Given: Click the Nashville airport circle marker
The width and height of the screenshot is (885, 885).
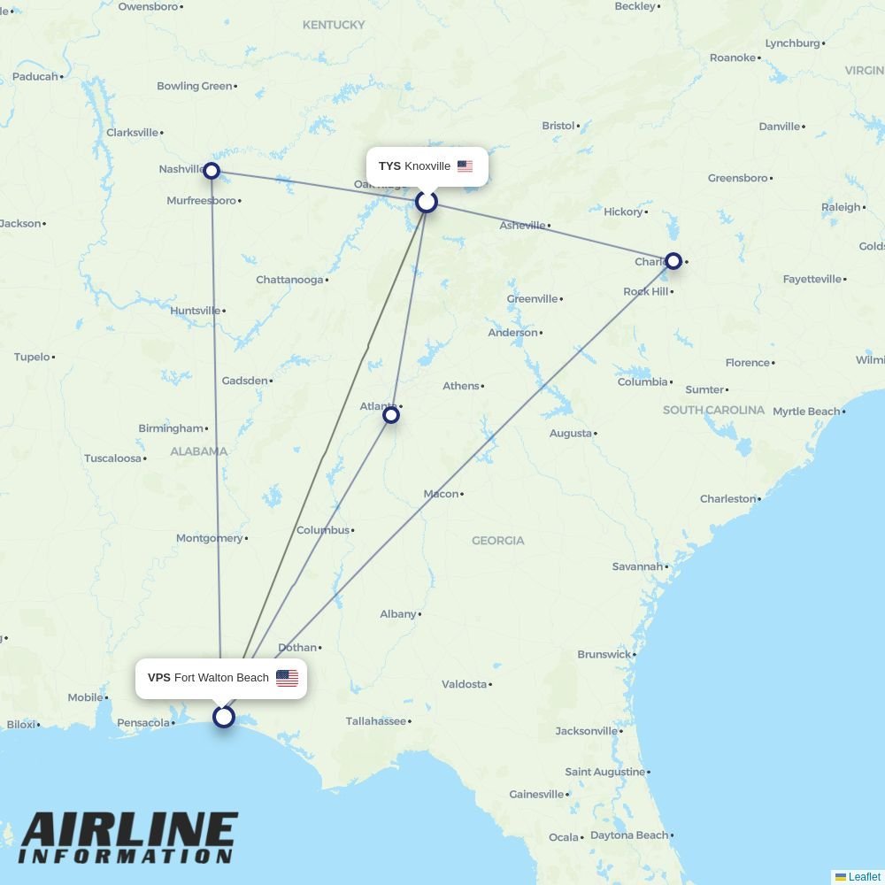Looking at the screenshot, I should pos(212,170).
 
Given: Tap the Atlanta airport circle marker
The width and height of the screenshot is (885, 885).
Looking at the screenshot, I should pos(390,415).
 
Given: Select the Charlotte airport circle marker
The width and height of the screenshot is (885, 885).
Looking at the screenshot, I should pos(673,261).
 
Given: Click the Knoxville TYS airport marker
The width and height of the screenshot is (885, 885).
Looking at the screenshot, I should pos(427,202).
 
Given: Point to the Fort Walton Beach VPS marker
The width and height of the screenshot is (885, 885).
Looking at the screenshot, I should pos(224,716).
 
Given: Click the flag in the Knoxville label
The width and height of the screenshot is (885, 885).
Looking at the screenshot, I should pos(465,166).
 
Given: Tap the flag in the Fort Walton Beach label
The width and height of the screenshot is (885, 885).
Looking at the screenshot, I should pos(287,678).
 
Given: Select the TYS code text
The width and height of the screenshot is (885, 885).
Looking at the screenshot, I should pos(389,166).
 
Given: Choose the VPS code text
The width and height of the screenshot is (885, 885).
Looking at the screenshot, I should pos(159,678).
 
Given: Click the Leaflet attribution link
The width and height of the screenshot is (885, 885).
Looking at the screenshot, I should pos(864,877).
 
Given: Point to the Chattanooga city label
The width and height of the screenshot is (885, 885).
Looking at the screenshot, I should pos(289,280).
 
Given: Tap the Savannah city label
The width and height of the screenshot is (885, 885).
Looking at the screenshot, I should pos(637,566).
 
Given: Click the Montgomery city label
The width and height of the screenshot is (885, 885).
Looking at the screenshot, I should pos(209,538).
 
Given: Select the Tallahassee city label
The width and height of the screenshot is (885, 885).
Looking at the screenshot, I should pos(375,721).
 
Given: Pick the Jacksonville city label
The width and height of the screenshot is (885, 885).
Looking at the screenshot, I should pos(586,731).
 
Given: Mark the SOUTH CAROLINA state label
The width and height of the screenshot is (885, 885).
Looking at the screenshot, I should pos(713,411).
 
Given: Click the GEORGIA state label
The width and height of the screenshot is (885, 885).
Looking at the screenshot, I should pos(497,541).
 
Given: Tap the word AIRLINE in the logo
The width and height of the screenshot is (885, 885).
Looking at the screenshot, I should pos(128,830).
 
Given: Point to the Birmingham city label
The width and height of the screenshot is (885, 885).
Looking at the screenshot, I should pos(170,428).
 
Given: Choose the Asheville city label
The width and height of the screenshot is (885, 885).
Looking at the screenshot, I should pos(522,226).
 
